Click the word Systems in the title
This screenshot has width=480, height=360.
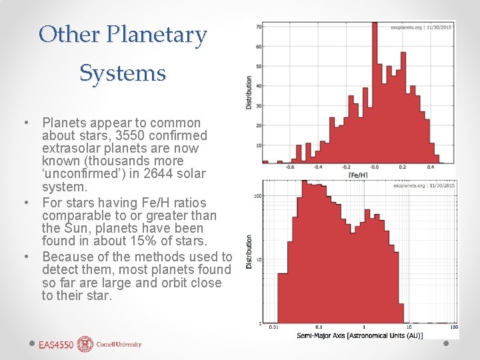(123, 73)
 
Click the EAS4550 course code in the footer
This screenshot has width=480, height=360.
(56, 345)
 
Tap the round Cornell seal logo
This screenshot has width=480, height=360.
(85, 344)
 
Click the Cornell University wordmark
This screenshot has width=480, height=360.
(119, 345)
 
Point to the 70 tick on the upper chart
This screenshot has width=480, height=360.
(258, 27)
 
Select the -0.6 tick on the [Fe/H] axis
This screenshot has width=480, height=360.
(290, 168)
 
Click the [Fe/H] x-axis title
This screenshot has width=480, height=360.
(357, 175)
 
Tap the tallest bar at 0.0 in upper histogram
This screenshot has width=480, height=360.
(375, 93)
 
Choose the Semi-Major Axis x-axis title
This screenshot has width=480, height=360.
(359, 335)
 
